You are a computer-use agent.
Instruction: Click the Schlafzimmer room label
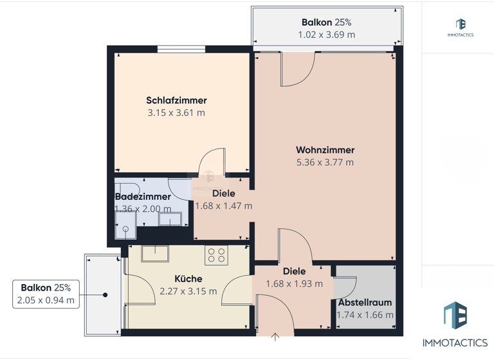coord(176,100)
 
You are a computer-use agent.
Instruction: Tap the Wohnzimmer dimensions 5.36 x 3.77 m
coord(325,163)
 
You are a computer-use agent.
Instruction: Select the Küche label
coord(188,279)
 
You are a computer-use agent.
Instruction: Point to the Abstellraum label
coord(365,302)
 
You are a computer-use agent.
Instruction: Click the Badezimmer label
coord(143,197)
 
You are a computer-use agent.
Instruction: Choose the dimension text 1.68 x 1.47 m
coord(223,206)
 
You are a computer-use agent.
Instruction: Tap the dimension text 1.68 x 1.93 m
coord(294,283)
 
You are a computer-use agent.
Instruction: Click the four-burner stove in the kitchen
coord(215,255)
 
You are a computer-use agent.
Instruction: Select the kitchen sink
coord(155,254)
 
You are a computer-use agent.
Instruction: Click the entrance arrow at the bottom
coord(275,337)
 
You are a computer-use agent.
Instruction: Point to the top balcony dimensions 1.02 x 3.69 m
coord(326,35)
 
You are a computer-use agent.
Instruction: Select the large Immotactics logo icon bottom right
coord(455,316)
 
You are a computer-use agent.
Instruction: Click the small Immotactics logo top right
coord(460,24)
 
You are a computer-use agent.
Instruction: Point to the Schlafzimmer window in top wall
coord(181,48)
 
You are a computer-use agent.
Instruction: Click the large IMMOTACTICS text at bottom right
coord(454,343)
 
